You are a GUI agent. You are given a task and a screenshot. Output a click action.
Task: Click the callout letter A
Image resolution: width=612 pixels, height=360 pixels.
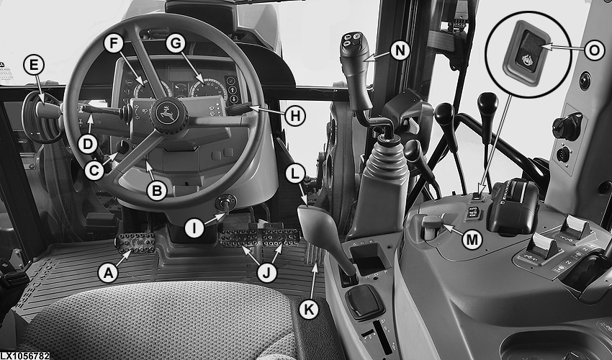[x=108, y=273]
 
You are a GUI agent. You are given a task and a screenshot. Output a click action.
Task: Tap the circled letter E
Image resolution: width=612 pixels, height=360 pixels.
[x=34, y=65]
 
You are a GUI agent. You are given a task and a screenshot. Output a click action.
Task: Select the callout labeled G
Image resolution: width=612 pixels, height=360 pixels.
[x=176, y=43]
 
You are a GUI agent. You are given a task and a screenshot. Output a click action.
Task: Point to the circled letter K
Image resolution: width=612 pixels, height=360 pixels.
[x=309, y=310]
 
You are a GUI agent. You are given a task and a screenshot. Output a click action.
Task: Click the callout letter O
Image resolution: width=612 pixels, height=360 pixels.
[x=595, y=50]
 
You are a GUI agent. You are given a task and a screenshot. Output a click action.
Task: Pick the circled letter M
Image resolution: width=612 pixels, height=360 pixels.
[x=472, y=239]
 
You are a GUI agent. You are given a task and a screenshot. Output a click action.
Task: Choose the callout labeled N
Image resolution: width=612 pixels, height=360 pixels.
[x=400, y=50]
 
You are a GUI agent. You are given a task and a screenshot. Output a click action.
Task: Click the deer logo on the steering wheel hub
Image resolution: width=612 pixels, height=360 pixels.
[x=169, y=113]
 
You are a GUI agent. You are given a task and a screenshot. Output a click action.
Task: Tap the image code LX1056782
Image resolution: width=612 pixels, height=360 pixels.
[x=25, y=356]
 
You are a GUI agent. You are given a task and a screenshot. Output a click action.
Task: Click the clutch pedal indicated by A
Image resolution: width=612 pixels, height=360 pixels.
[x=135, y=243]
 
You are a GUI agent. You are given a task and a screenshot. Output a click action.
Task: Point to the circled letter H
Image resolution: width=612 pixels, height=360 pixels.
[x=294, y=116]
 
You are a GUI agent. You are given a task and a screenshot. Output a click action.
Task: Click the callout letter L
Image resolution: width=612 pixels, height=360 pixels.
[x=295, y=174]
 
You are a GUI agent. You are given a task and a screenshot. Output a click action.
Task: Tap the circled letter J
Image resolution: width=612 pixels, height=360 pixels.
[x=267, y=272]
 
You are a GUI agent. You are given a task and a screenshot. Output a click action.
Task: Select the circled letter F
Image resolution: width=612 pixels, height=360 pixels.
[x=114, y=43]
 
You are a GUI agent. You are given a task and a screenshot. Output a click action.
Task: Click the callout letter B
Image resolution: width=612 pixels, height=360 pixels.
[x=156, y=191]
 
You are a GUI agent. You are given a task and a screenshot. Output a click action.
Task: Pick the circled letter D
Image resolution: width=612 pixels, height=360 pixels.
[x=88, y=145]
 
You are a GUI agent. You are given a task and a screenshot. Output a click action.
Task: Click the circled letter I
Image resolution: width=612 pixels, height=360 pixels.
[x=194, y=228]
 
